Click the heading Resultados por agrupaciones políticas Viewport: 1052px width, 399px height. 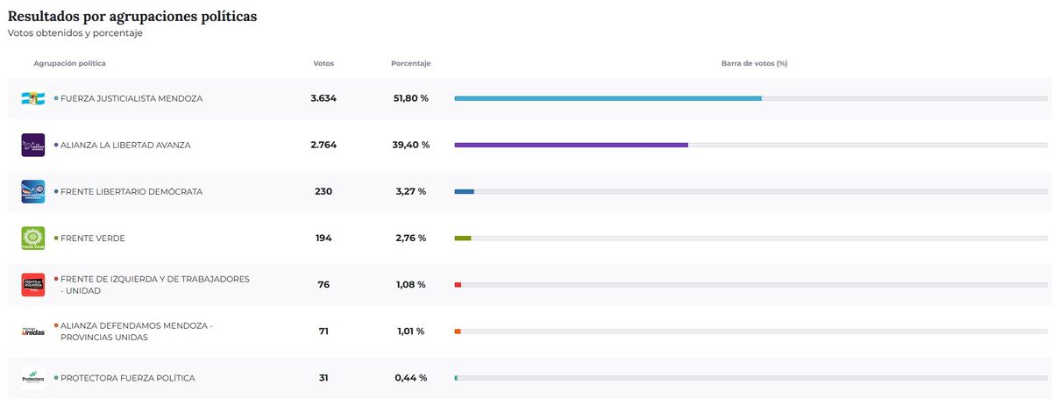132,16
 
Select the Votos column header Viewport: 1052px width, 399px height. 323,63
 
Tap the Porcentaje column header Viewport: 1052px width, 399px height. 410,63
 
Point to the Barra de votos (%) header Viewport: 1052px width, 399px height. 754,63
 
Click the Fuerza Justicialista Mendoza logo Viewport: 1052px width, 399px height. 32,98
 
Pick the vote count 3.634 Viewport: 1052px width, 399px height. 323,98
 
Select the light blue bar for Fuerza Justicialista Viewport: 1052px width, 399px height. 608,98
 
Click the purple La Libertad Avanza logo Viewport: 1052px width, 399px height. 32,145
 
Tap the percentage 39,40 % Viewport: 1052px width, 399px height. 410,145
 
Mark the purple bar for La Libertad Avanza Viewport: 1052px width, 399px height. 571,145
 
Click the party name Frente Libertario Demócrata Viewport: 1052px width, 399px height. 131,191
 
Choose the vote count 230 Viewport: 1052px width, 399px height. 323,191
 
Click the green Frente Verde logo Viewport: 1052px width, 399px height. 32,238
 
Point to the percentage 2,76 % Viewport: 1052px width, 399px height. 410,238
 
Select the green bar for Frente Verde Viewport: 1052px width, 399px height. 463,238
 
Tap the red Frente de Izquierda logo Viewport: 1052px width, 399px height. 32,285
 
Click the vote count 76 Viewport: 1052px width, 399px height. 323,285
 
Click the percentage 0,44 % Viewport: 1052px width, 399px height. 410,378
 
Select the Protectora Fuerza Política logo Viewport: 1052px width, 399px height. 32,378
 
